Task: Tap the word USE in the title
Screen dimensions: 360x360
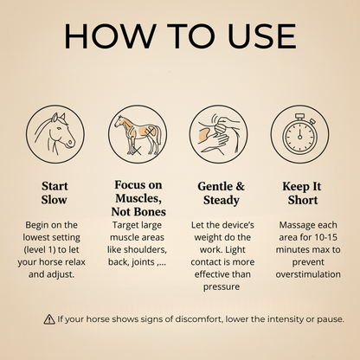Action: [x=261, y=35]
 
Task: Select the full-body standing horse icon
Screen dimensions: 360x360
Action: [x=138, y=134]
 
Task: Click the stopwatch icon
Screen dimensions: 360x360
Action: [x=299, y=134]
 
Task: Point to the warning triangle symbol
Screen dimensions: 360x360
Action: [x=49, y=319]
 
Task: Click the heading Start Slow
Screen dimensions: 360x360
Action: [x=55, y=193]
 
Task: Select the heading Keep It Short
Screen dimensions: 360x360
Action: [x=302, y=193]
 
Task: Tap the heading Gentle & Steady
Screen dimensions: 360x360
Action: [x=221, y=193]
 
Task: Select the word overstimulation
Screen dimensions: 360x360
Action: [x=308, y=274]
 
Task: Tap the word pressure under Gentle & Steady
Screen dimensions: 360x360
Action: [x=222, y=287]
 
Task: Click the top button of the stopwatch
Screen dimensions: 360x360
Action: [x=299, y=117]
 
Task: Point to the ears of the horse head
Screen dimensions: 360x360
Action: [x=58, y=118]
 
